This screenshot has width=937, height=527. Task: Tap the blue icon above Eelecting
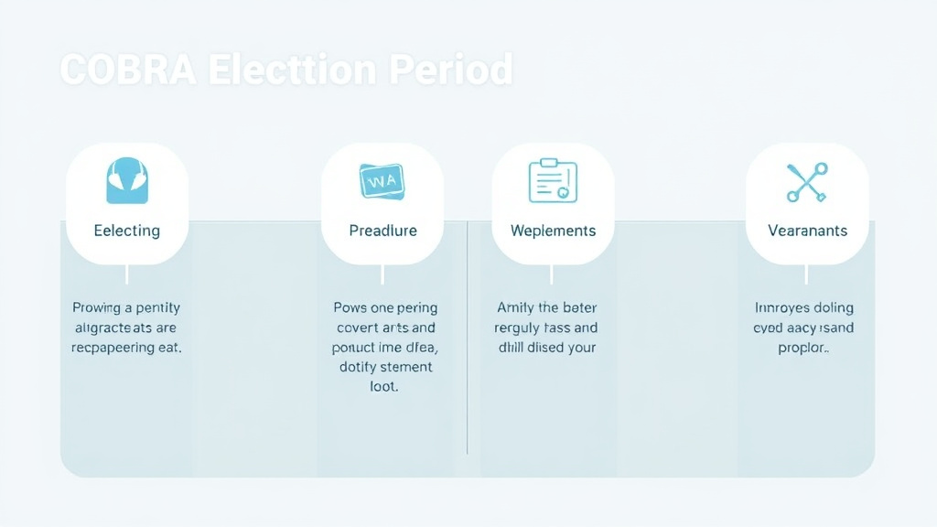click(x=127, y=180)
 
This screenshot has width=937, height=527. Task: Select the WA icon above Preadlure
click(x=382, y=181)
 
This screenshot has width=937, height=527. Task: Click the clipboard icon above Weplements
click(x=553, y=180)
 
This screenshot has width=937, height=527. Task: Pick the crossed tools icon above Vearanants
click(x=807, y=181)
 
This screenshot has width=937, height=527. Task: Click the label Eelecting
click(x=127, y=231)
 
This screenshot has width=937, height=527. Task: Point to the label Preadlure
click(x=382, y=231)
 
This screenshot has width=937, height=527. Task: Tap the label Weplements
click(x=553, y=231)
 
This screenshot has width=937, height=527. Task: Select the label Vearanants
click(x=807, y=231)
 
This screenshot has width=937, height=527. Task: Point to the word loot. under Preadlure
click(x=383, y=387)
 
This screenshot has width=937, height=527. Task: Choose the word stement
click(x=403, y=367)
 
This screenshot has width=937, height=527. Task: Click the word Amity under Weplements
click(x=515, y=308)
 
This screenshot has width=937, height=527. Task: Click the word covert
click(x=359, y=328)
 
